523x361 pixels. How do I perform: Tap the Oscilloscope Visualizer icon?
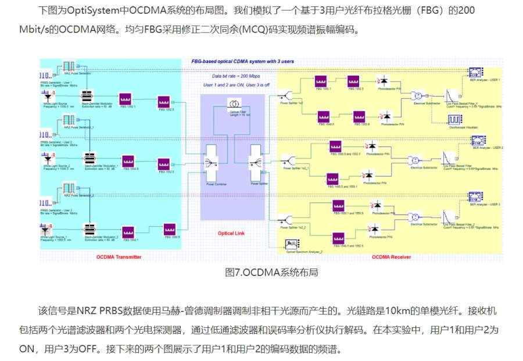(454, 120)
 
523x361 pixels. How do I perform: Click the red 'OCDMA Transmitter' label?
(119, 256)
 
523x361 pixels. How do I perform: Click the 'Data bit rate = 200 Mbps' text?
(234, 76)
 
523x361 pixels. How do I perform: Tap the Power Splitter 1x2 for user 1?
(286, 94)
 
